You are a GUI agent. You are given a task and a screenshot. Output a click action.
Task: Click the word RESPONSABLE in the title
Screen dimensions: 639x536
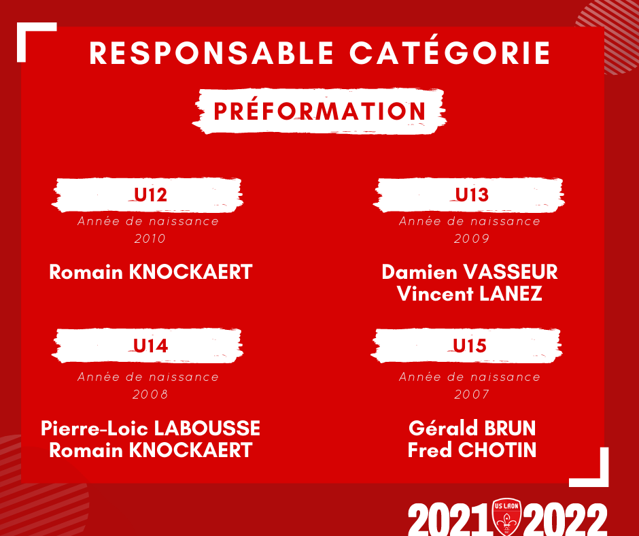pyautogui.click(x=211, y=53)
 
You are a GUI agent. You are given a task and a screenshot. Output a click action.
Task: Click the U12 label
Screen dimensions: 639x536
pyautogui.click(x=150, y=195)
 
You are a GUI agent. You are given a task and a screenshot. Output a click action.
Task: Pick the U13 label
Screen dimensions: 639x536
pyautogui.click(x=472, y=195)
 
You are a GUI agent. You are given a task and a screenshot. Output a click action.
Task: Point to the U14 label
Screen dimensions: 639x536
pyautogui.click(x=150, y=346)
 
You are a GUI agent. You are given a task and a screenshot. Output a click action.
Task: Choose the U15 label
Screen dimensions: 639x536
pyautogui.click(x=470, y=346)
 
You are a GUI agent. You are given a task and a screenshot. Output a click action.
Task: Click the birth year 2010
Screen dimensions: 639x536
pyautogui.click(x=150, y=239)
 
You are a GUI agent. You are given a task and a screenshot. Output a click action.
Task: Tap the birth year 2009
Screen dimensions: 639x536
pyautogui.click(x=472, y=239)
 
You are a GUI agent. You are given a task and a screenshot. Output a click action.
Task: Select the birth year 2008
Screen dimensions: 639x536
pyautogui.click(x=150, y=395)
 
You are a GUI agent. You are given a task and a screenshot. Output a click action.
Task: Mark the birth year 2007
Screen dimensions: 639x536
pyautogui.click(x=472, y=395)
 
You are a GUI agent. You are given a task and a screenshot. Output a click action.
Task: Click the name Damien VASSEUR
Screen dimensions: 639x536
pyautogui.click(x=470, y=272)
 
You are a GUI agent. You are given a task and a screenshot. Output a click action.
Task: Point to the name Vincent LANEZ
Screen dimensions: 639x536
pyautogui.click(x=470, y=294)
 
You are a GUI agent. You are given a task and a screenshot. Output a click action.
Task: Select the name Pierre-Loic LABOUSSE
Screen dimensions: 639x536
pyautogui.click(x=150, y=429)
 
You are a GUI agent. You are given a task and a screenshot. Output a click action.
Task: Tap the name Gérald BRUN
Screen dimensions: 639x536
pyautogui.click(x=472, y=429)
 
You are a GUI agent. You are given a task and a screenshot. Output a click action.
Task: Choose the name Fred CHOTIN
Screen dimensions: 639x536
pyautogui.click(x=472, y=450)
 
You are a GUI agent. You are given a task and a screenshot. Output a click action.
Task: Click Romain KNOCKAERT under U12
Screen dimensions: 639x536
pyautogui.click(x=150, y=272)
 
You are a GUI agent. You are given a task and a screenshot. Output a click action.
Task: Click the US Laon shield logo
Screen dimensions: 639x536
pyautogui.click(x=506, y=517)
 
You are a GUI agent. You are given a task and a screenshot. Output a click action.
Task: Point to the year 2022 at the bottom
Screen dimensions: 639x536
pyautogui.click(x=565, y=520)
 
